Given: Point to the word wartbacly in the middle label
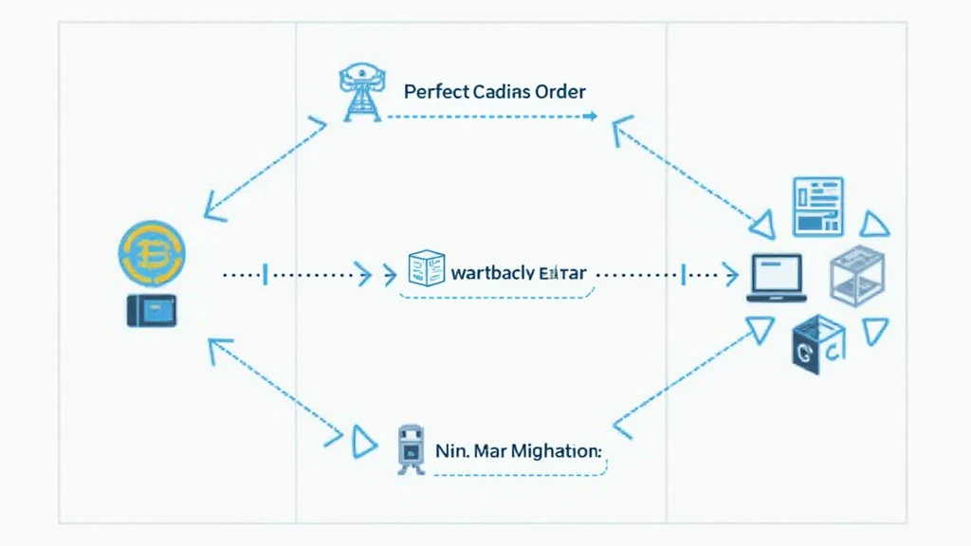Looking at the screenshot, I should coord(492,273).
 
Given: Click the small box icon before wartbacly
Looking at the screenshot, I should coord(426,269).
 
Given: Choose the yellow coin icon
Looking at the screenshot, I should coord(152,252).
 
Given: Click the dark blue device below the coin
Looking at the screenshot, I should coord(152,311).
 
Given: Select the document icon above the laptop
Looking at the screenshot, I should coord(817,206).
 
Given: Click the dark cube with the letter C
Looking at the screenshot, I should coord(816,345).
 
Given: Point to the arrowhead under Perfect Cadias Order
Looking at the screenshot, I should coord(592,117).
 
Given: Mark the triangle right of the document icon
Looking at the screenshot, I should coord(874,224).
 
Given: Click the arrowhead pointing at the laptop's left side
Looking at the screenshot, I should coord(729,276).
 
